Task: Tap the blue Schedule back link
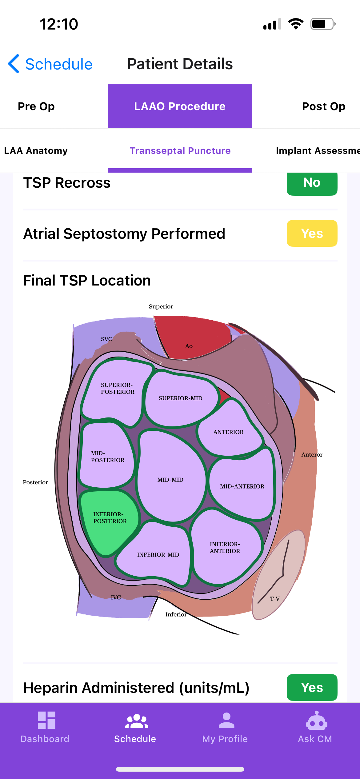(x=51, y=64)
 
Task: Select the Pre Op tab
(x=36, y=106)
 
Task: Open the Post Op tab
(x=323, y=106)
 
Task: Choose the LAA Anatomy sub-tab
(x=36, y=151)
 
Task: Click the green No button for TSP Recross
(x=312, y=183)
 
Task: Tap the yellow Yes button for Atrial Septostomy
(x=312, y=234)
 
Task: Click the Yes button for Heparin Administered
(x=312, y=687)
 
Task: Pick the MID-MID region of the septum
(x=170, y=480)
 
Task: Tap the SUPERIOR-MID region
(x=180, y=398)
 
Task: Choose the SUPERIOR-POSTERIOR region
(x=117, y=388)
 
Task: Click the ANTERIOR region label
(x=228, y=432)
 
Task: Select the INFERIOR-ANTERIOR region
(x=225, y=547)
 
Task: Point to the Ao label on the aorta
(x=189, y=346)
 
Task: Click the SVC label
(x=106, y=339)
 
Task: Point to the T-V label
(x=275, y=599)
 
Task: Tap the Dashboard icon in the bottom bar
(x=46, y=721)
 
